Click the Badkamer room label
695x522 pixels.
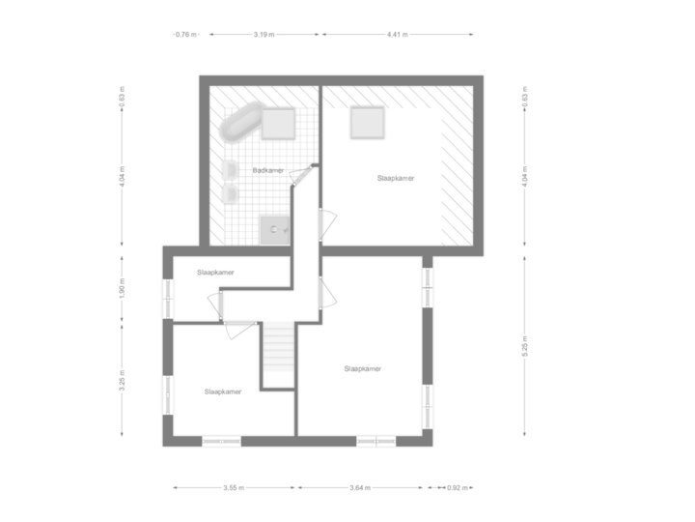pyautogui.click(x=268, y=170)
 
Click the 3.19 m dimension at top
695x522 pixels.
pyautogui.click(x=264, y=35)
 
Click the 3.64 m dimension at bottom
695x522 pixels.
pyautogui.click(x=359, y=487)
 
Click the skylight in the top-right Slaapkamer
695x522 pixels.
pyautogui.click(x=368, y=124)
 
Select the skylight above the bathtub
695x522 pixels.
pyautogui.click(x=279, y=124)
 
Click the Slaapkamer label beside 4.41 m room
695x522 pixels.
pyautogui.click(x=396, y=179)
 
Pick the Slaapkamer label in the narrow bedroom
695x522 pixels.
pyautogui.click(x=215, y=273)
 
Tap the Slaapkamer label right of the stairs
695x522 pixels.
pyautogui.click(x=362, y=368)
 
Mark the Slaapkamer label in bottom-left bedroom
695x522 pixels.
pyautogui.click(x=222, y=391)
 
